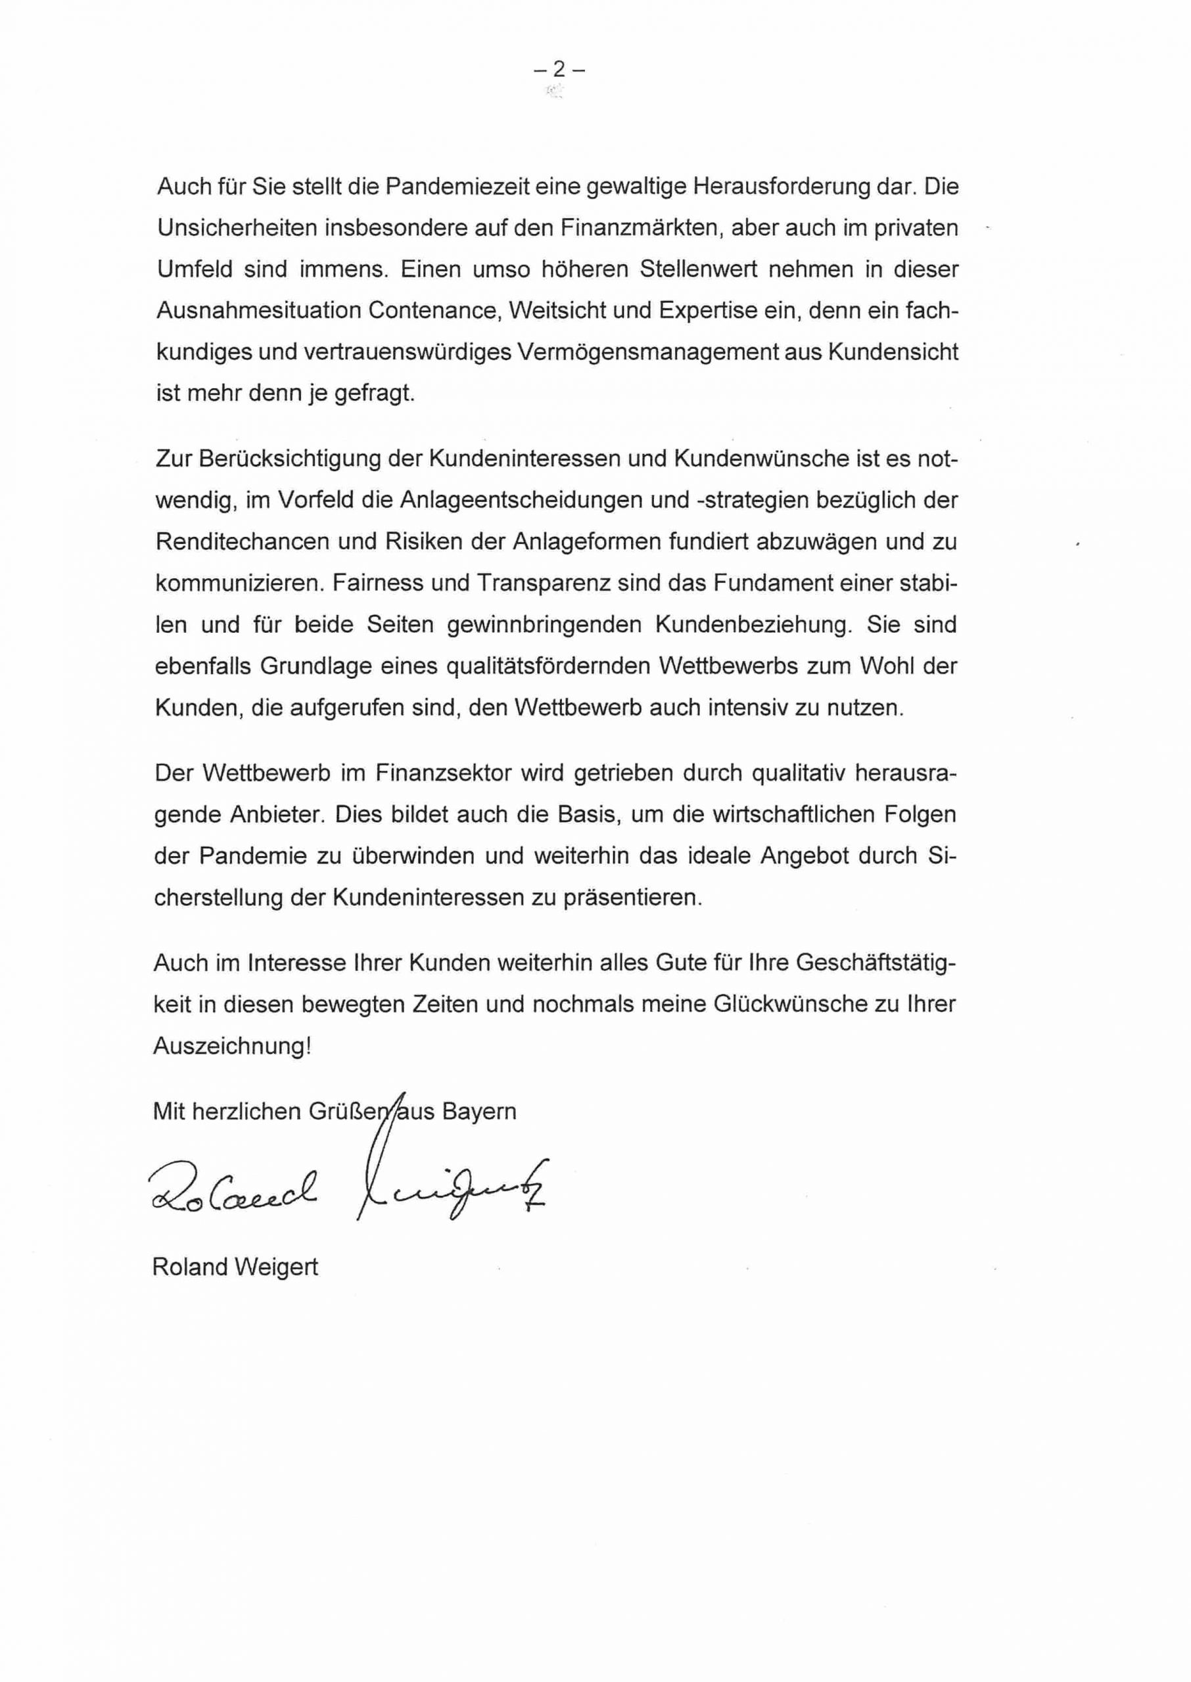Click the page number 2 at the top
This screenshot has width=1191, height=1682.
559,70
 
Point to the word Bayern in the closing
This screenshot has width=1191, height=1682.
479,1112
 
